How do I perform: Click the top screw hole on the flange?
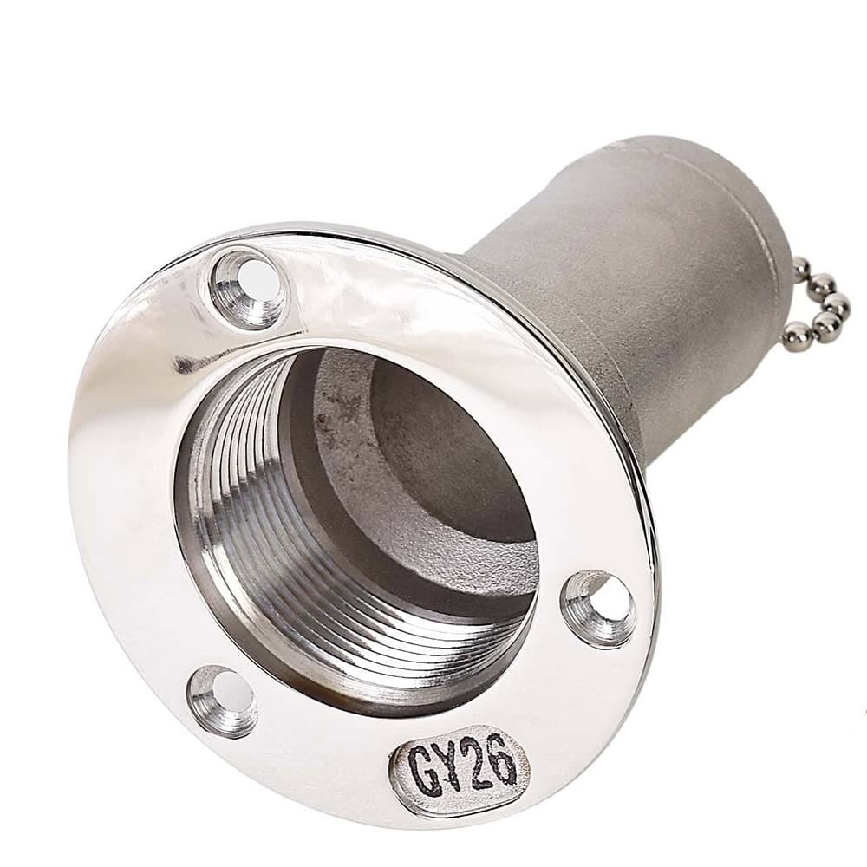[248, 289]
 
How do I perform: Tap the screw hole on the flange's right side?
[599, 609]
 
